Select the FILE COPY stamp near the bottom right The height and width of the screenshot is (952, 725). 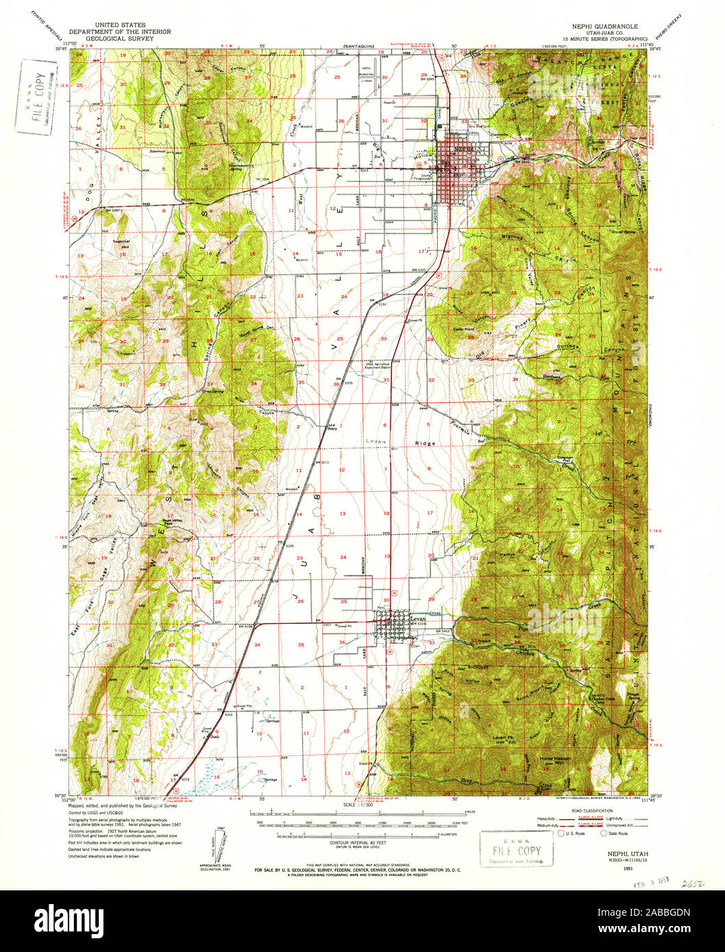(514, 851)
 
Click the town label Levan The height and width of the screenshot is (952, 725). (417, 618)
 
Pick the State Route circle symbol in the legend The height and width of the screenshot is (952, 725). (604, 834)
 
